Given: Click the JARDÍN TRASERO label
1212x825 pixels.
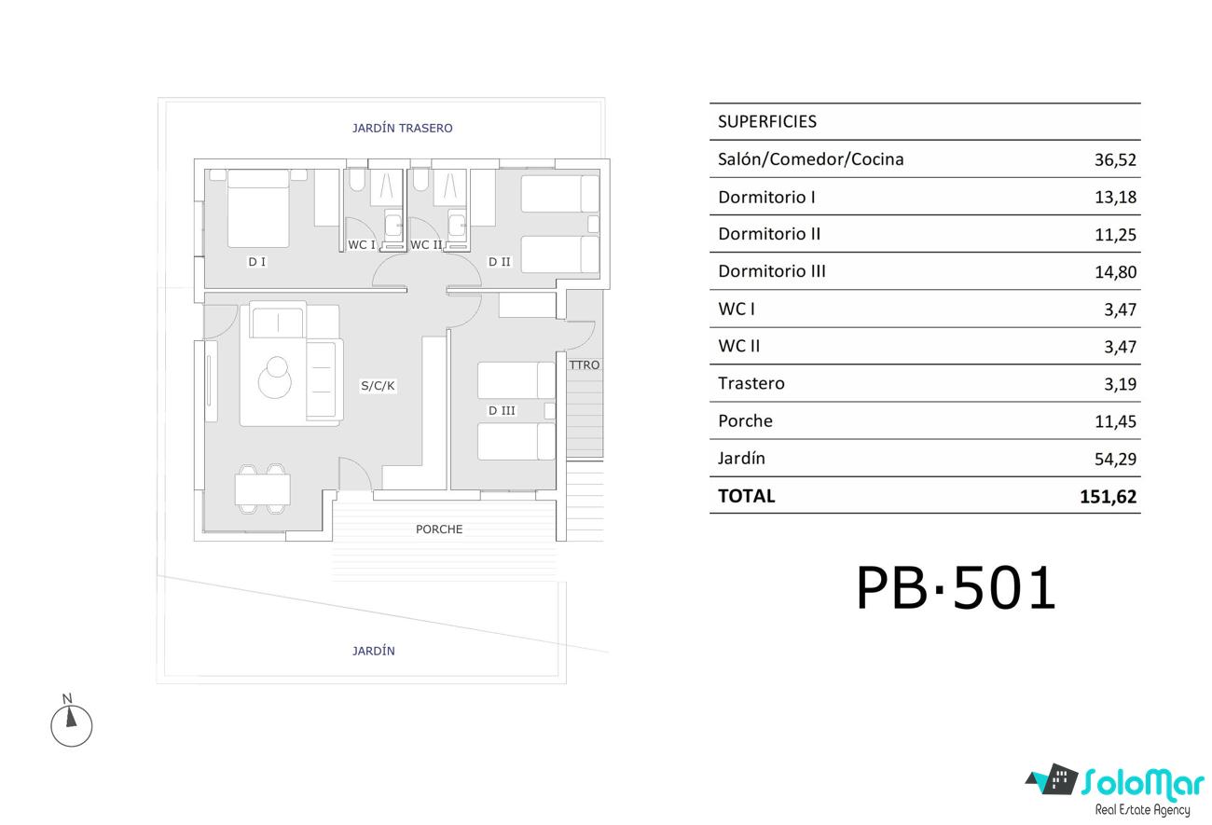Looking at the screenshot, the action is (x=402, y=129).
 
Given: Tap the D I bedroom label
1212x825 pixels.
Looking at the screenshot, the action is (x=257, y=262).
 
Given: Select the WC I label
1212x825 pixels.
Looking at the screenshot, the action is (x=362, y=244).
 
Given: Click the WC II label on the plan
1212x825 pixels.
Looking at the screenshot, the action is (x=426, y=244).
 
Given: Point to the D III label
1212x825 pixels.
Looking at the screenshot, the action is (x=502, y=410).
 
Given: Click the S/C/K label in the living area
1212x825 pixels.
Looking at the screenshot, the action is (x=378, y=386).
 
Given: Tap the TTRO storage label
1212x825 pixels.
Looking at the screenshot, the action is (x=585, y=365).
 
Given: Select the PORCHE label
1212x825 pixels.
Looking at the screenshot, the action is (x=439, y=529).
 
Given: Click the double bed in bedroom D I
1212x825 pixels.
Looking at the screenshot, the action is (x=258, y=209).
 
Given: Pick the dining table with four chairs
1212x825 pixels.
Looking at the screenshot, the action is (x=262, y=489).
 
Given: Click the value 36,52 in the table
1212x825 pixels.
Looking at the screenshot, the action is (x=1115, y=160).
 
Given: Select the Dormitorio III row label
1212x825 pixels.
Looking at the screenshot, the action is (x=772, y=271).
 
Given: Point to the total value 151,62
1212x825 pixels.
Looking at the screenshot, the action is (x=1109, y=497).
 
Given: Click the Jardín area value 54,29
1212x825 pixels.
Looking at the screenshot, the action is (x=1115, y=460).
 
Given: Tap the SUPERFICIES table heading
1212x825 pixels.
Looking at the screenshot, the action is (x=767, y=122).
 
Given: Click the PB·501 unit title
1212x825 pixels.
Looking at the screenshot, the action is (x=956, y=588).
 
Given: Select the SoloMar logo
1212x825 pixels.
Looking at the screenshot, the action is (x=1116, y=790).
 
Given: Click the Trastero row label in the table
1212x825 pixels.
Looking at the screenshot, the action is (x=751, y=383).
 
